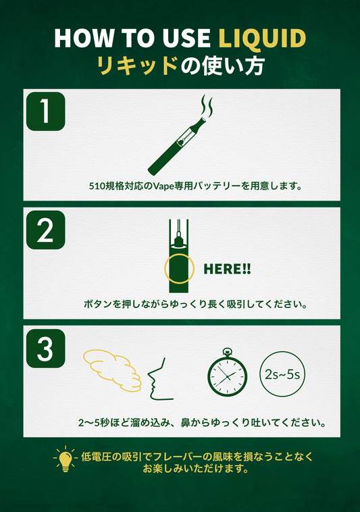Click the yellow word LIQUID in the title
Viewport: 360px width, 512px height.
pos(262,39)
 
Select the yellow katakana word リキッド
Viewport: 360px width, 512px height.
pos(137,66)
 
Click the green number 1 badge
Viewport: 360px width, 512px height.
pos(46,111)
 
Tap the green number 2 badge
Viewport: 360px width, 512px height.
pos(46,230)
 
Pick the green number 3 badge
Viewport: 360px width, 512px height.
pos(46,349)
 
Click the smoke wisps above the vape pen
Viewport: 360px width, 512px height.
pos(207,105)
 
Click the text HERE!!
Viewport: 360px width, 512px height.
pos(227,269)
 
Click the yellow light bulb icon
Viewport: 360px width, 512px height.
pos(66,459)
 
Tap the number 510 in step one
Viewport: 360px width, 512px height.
pos(97,186)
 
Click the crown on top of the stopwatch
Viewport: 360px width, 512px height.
pos(227,352)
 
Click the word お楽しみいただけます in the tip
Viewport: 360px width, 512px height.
pos(195,469)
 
